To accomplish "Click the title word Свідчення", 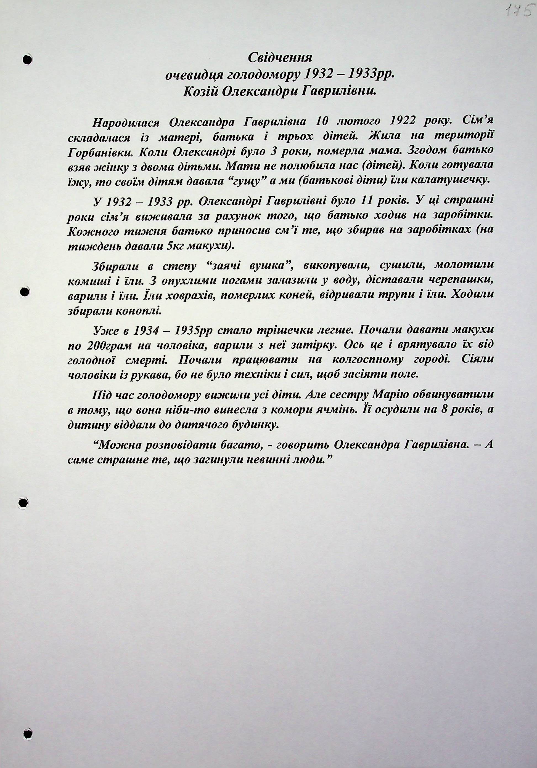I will pos(280,58).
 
